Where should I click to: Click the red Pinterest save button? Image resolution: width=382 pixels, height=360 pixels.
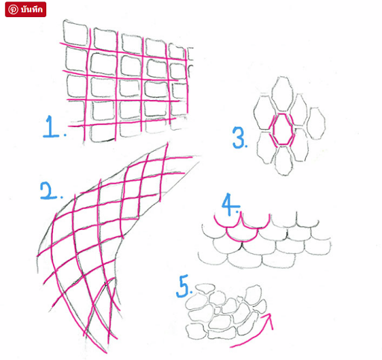(25, 10)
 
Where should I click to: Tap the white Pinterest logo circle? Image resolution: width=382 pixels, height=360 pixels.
(13, 10)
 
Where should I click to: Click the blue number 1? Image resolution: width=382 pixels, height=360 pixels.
(51, 126)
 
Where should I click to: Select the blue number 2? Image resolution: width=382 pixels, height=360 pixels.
(48, 190)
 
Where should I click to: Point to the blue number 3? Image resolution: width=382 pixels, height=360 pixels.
(238, 137)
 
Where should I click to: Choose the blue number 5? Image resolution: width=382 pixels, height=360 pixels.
(183, 286)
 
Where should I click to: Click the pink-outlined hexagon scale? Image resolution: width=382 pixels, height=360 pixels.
(282, 129)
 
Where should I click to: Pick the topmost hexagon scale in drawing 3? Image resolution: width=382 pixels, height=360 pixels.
(281, 94)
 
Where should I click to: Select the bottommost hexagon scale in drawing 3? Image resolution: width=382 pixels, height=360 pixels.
(284, 161)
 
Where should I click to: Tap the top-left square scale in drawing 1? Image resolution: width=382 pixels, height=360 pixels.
(75, 33)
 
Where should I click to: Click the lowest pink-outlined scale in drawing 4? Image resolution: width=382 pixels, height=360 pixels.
(242, 236)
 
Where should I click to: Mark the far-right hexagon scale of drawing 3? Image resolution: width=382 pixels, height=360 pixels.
(316, 123)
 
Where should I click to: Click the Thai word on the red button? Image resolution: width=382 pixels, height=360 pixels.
(31, 10)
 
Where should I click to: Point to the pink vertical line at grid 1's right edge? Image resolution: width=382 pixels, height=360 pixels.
(187, 80)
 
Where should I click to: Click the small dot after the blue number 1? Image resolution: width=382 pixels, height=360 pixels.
(65, 135)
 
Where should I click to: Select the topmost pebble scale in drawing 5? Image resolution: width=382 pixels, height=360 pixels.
(205, 288)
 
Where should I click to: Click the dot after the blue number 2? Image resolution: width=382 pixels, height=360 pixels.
(61, 197)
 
